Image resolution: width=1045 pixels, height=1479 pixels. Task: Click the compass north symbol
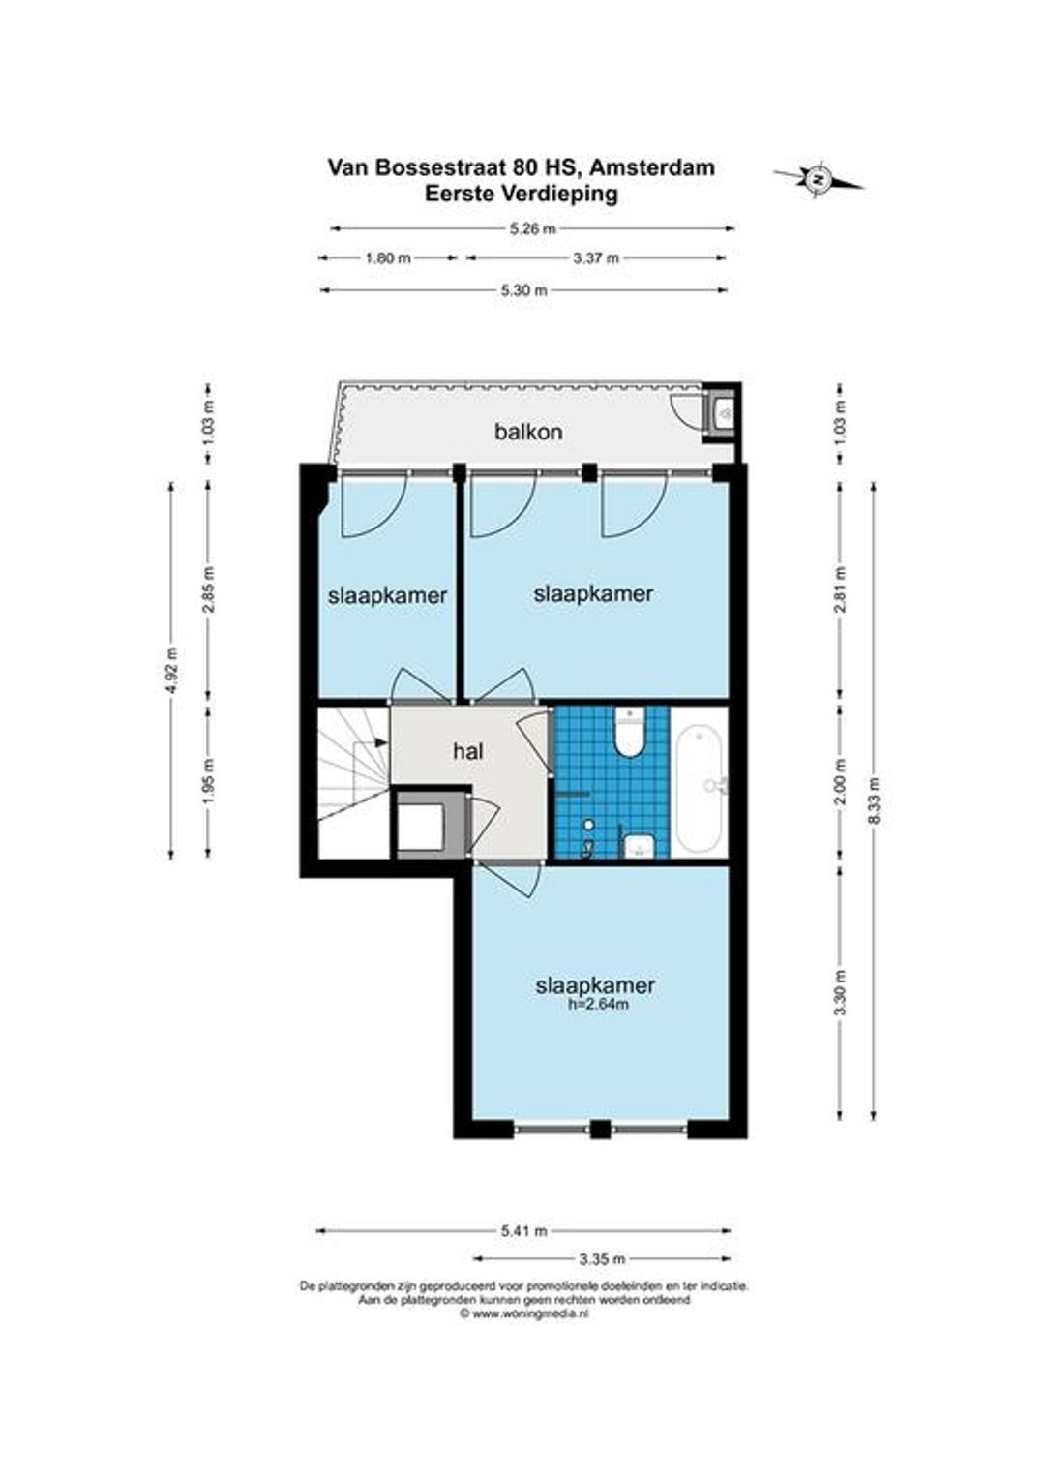819,178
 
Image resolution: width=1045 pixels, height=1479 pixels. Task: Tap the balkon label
528,432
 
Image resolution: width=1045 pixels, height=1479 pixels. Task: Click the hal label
468,751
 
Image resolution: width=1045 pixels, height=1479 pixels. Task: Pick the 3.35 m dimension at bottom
602,1258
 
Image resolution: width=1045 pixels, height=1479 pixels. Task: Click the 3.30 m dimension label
841,994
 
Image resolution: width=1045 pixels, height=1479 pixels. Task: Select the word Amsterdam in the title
651,167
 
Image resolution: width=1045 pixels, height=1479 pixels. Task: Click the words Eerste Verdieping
522,195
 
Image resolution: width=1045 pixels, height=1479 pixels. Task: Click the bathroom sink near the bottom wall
639,845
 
